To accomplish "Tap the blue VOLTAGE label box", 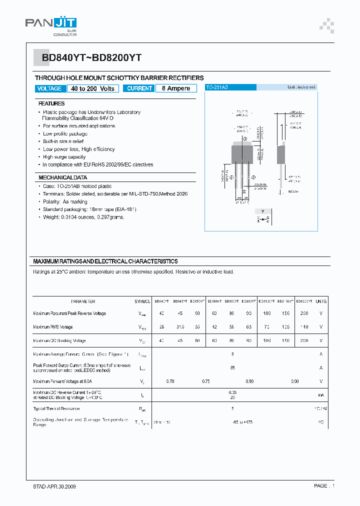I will pos(49,88).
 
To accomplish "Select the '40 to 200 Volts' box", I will pos(92,88).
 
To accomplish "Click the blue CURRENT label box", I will pos(139,88).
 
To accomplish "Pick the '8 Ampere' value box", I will pos(175,88).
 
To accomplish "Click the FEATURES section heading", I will pos(51,103).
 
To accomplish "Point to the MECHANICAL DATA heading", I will pos(62,177).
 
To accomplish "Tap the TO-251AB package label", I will pos(217,87).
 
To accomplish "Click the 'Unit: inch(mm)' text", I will pos(301,87).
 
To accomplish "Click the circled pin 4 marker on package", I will pos(244,138).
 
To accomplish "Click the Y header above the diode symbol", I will pos(263,211).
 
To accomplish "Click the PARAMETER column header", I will pos(83,301).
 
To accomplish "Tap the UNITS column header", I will pos(321,301).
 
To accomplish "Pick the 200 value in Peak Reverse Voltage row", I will pos(303,313).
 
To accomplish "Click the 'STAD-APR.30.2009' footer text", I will pos(51,486).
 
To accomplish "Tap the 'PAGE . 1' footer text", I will pos(324,486).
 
